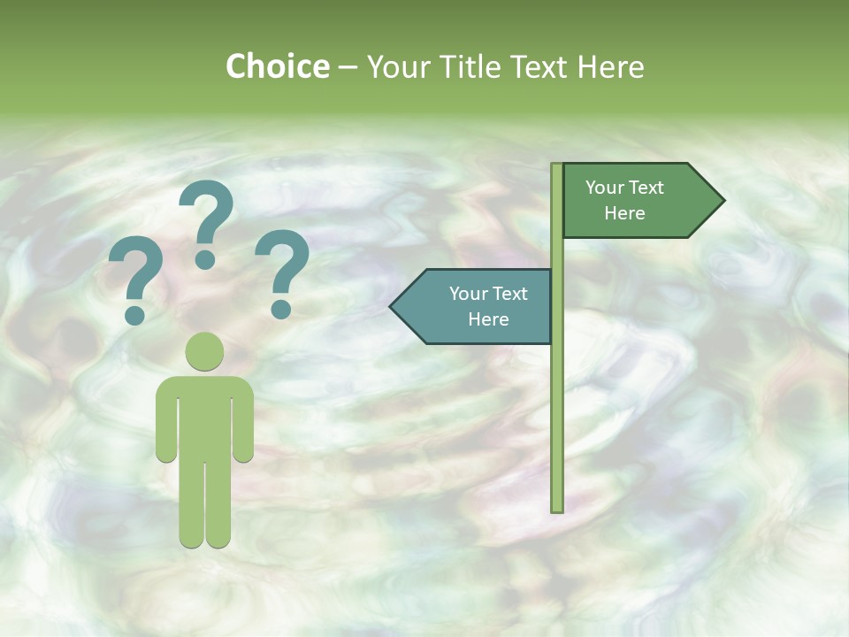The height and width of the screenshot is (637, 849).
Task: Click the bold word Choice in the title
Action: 277,66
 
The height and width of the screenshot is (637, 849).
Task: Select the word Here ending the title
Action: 610,67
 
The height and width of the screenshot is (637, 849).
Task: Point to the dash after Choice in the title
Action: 348,68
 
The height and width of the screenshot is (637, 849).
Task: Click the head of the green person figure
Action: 205,351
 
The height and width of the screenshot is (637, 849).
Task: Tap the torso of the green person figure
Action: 205,416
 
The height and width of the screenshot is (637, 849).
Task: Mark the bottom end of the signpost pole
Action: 557,508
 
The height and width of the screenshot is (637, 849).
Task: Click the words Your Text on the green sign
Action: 624,188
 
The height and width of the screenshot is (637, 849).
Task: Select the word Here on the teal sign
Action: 488,319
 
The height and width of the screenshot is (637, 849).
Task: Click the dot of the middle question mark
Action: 206,259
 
